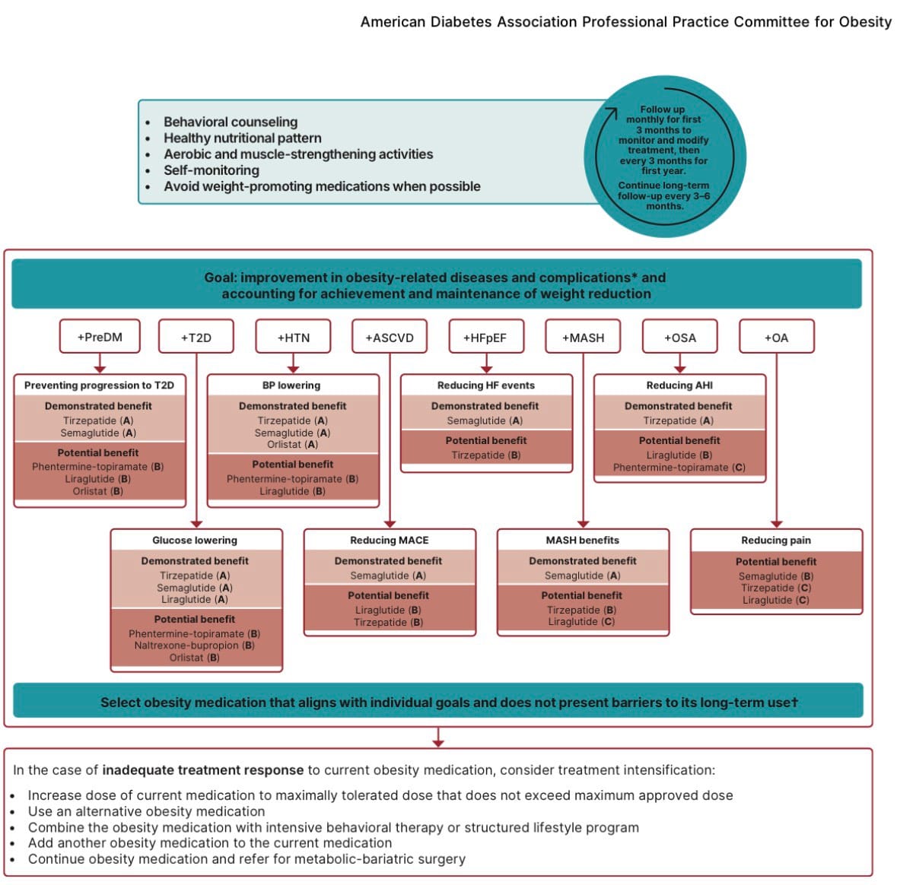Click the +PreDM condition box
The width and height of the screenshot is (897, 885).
(100, 337)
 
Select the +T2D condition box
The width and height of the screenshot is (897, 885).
(196, 338)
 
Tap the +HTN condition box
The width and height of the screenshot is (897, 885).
(294, 338)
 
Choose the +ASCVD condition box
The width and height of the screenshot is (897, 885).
(390, 338)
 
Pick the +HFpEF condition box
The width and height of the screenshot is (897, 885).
(485, 338)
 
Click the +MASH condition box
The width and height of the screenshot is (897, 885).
(583, 338)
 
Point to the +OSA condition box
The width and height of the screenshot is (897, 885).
(680, 338)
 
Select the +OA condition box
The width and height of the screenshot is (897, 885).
(776, 338)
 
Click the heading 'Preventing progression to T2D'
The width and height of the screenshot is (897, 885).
(99, 385)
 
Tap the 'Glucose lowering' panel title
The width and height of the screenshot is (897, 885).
(195, 541)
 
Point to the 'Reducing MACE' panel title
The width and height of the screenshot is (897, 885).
(390, 541)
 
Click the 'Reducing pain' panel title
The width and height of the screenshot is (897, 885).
(776, 541)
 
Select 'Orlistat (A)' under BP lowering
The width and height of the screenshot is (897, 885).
(293, 445)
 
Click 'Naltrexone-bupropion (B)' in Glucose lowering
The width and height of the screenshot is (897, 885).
(195, 646)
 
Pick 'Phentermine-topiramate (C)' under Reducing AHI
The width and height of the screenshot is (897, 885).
(679, 468)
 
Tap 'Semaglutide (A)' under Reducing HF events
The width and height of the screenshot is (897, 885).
(485, 421)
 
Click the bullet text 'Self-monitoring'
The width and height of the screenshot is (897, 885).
(212, 170)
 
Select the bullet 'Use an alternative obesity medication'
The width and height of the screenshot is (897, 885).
(147, 811)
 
